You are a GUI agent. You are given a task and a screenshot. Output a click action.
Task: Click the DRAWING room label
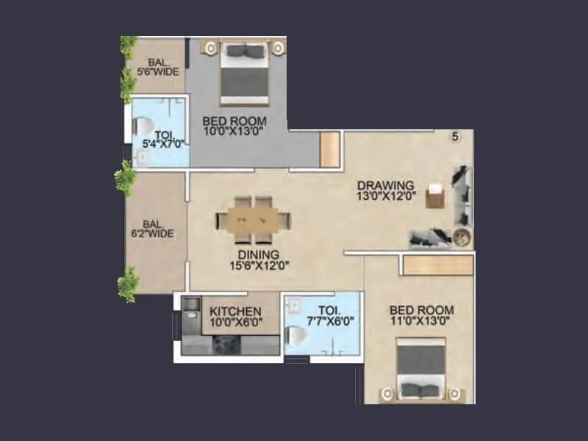coord(386,185)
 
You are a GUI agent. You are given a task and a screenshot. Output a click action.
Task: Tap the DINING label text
coord(254,255)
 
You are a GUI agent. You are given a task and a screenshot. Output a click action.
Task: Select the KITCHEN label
coord(235,311)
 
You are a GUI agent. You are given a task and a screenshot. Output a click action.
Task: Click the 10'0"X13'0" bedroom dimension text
coord(234,132)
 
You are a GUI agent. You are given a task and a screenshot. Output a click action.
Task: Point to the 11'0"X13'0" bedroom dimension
coord(421,321)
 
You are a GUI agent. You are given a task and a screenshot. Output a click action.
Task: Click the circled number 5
coord(455,137)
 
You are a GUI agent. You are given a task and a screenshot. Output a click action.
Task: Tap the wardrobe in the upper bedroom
coord(330,150)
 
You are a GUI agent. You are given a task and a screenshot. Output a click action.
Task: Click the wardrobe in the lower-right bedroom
coord(437,265)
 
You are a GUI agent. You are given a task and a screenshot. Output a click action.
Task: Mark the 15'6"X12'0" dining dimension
coord(254,265)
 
